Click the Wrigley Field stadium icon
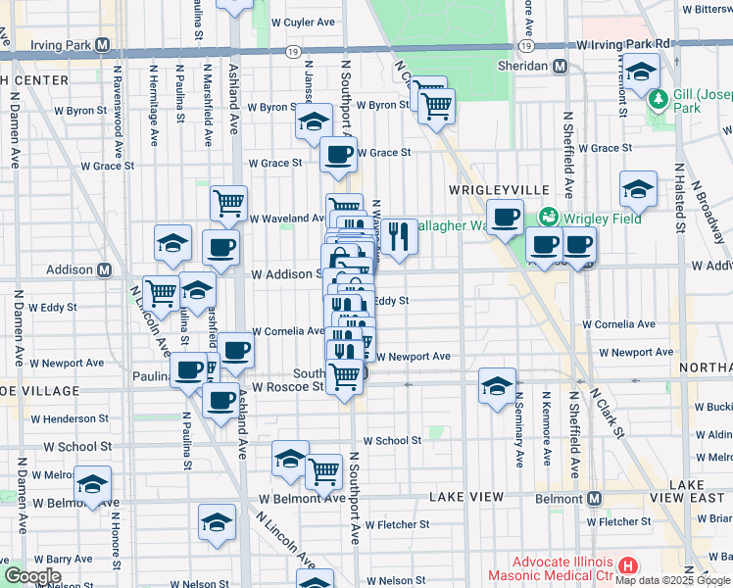pos(548,217)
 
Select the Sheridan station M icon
pos(561,66)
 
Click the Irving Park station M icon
pos(103,45)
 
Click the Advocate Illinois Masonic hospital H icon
pos(628,566)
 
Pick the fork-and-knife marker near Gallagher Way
pos(399,236)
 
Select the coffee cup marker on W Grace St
pos(339,154)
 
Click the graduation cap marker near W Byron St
pos(313,122)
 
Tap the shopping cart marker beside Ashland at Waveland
pos(228,203)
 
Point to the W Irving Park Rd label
pos(623,44)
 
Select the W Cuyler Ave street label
pos(303,22)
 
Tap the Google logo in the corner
pos(31,575)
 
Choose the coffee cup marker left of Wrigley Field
pos(506,217)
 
